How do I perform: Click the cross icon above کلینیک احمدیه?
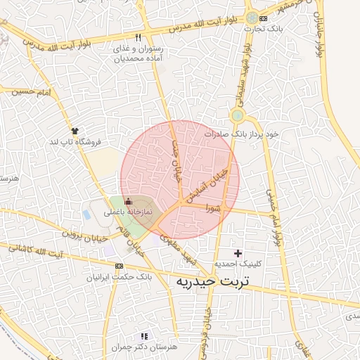(238, 253)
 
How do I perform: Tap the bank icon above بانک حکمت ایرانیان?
(119, 266)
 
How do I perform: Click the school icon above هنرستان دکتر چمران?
(144, 337)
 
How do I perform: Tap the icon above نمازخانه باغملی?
(127, 201)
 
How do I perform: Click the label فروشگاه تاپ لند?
(75, 141)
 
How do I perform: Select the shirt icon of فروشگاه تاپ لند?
(75, 130)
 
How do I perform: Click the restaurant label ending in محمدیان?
(141, 54)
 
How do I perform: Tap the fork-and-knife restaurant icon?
(139, 37)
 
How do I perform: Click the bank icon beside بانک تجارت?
(263, 18)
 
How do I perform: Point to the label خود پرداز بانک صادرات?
(242, 134)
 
